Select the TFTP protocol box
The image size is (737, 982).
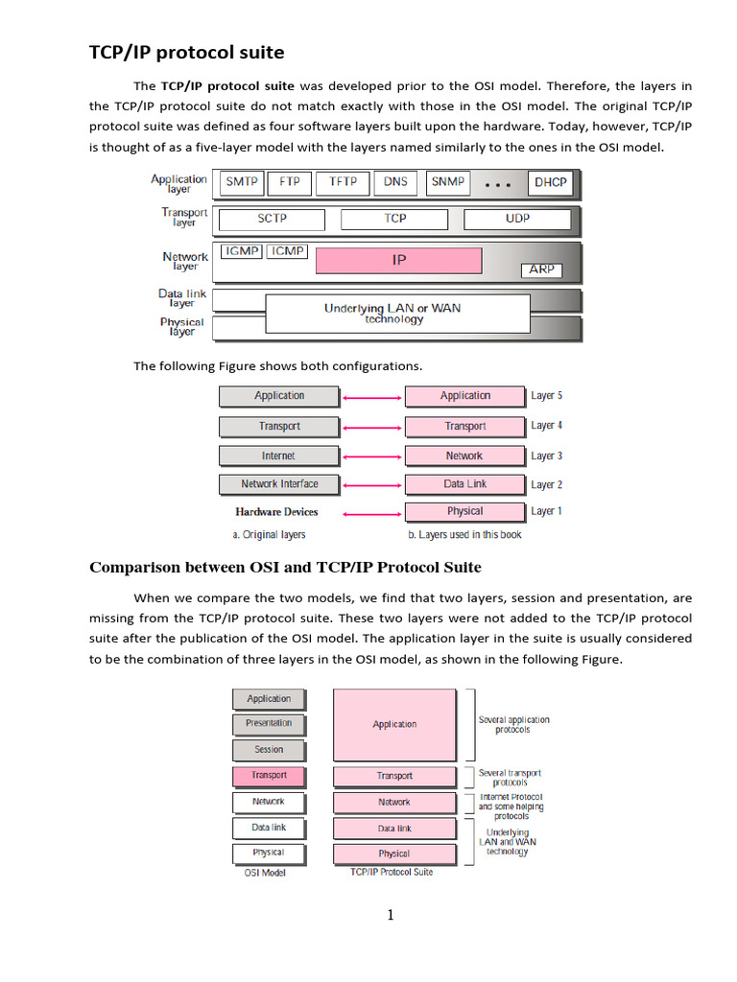coord(343,181)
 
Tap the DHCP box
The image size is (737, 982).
coord(550,182)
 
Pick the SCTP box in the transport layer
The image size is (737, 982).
coord(272,219)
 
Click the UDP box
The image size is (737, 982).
coord(516,219)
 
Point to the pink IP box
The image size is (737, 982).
coord(398,260)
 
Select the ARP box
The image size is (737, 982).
coord(541,270)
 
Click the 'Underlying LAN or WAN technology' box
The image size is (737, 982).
coord(396,314)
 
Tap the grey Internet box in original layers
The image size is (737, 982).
coord(278,456)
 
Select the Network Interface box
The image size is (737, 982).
coord(278,484)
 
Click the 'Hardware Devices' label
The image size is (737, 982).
coord(276,512)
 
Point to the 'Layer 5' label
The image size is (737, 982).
coord(546,396)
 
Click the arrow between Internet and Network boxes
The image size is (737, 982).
coord(371,456)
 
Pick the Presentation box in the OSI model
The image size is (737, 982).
coord(269,723)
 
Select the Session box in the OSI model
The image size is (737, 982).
coord(269,750)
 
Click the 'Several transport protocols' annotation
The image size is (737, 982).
coord(510,777)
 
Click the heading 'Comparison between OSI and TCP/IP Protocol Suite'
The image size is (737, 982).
coord(285,567)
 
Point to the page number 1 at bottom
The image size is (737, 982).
coord(391,915)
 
